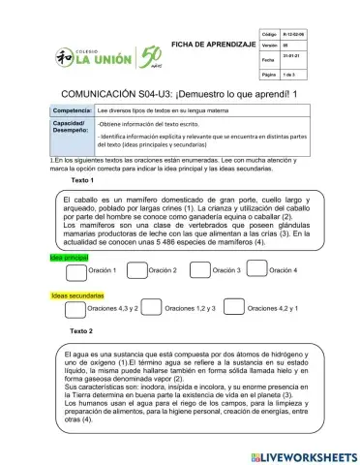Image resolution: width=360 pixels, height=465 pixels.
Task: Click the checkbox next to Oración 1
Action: coord(75,269)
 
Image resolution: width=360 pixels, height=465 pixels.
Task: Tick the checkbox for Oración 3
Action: coord(199,269)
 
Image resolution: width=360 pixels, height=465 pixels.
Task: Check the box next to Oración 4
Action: coord(257,269)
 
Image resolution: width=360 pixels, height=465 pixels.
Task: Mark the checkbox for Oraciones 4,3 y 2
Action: coord(74,308)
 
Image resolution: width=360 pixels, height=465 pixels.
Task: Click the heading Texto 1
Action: coord(83,180)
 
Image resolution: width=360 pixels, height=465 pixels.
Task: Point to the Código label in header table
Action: coord(270,32)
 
